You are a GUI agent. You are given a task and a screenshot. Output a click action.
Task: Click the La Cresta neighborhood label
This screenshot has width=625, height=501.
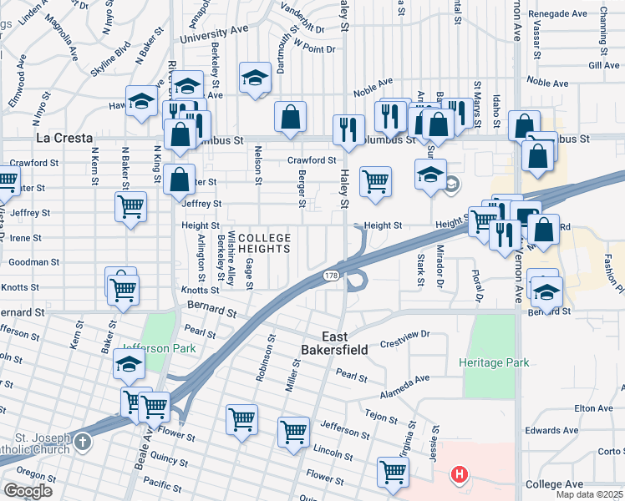click(x=64, y=138)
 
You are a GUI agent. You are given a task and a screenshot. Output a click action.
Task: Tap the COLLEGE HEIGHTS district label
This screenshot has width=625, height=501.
click(x=264, y=243)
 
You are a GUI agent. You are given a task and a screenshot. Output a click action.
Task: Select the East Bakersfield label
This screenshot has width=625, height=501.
click(x=335, y=350)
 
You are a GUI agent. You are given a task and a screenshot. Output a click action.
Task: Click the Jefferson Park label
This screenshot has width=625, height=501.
click(x=153, y=348)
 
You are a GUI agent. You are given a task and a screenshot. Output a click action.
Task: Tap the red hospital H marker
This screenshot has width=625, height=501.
click(x=458, y=475)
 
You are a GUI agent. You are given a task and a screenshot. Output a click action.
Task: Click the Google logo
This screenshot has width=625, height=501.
click(x=27, y=491)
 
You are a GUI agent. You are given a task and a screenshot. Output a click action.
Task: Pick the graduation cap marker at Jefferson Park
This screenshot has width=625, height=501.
click(x=130, y=363)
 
